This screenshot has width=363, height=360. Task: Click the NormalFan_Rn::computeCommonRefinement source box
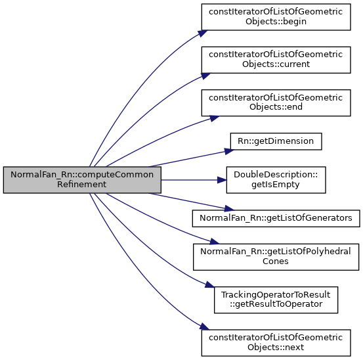click(x=82, y=180)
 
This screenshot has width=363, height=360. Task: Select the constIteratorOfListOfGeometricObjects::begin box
click(x=276, y=17)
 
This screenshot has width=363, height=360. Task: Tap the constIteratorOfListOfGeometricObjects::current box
click(x=276, y=60)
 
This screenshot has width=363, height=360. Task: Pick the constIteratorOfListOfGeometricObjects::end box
click(x=276, y=103)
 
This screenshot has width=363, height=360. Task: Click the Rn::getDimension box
click(x=276, y=141)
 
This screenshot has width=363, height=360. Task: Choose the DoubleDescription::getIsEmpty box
click(x=276, y=180)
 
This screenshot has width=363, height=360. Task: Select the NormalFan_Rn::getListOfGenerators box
click(x=276, y=218)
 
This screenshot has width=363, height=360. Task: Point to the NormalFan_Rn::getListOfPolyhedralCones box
click(x=276, y=257)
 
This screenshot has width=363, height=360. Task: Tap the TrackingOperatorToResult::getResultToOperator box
click(x=276, y=300)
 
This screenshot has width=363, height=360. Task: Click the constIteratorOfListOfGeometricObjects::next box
click(x=276, y=343)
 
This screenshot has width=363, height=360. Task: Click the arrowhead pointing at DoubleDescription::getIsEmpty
click(x=222, y=180)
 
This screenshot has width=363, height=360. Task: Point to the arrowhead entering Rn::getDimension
click(x=229, y=152)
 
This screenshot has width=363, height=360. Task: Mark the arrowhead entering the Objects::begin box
click(x=203, y=34)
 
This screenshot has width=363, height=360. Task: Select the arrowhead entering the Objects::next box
click(x=204, y=327)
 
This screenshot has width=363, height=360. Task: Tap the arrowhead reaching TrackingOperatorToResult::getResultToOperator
click(x=210, y=284)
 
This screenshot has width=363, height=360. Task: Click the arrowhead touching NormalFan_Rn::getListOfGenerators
click(x=229, y=208)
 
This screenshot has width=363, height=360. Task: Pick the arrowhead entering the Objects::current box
click(x=205, y=76)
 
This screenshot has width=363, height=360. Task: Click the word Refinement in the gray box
click(x=81, y=185)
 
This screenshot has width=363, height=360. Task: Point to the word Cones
click(x=276, y=261)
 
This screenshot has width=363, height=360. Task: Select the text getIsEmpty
click(x=276, y=185)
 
